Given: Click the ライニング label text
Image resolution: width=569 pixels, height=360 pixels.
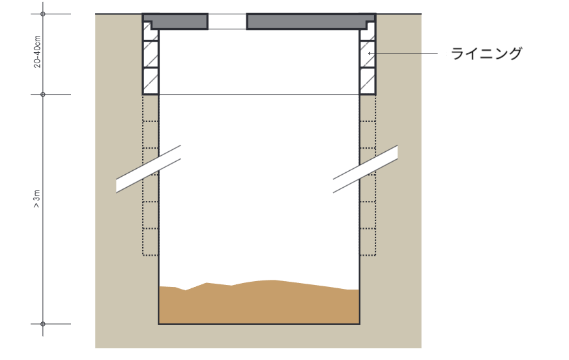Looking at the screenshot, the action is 486,53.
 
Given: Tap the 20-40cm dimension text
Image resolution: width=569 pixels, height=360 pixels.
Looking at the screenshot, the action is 37,52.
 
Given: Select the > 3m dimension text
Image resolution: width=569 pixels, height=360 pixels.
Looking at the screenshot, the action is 37,199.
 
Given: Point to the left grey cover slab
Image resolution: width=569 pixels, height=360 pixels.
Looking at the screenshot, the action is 175,21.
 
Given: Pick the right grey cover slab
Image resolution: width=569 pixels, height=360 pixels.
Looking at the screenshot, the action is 311,21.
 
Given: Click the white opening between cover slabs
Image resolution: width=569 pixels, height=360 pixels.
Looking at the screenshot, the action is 227,22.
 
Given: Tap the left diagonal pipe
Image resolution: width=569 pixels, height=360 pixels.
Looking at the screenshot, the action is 149,169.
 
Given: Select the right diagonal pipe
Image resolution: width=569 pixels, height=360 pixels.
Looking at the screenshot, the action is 366,169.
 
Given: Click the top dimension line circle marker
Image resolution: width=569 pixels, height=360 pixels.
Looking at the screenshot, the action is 43,14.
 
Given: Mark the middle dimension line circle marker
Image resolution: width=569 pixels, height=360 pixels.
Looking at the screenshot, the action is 43,95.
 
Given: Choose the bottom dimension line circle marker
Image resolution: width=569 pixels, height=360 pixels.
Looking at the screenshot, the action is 43,323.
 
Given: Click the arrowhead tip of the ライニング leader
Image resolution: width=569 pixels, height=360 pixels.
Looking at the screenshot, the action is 368,53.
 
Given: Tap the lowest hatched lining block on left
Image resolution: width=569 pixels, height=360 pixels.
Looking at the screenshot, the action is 150,81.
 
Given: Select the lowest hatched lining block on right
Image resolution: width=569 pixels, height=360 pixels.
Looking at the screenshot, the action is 368,81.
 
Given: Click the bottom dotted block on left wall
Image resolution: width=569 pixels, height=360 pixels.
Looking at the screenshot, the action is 150,242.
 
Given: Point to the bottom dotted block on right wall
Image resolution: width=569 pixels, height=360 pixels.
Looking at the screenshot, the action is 368,242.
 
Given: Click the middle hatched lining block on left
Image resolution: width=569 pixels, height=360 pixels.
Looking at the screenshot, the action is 150,54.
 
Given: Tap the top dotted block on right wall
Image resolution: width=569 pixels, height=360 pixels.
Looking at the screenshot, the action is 368,108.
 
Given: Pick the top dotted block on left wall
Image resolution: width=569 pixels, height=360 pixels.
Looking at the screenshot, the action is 150,108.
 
